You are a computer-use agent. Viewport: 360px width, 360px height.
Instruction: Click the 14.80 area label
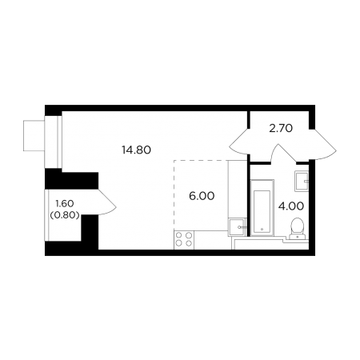(136, 150)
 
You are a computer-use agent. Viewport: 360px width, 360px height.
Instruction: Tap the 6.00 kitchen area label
(202, 196)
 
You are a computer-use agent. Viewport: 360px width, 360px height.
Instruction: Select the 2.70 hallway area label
(281, 129)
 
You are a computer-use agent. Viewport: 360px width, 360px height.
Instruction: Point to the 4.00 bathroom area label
(291, 206)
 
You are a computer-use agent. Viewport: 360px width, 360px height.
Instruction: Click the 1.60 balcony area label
(64, 204)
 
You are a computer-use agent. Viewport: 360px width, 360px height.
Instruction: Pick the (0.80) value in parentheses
(65, 215)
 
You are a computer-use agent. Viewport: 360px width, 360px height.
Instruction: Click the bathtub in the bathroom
(262, 208)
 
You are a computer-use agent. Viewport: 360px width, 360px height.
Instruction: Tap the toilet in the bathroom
(297, 228)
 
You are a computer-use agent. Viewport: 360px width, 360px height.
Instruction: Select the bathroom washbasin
(302, 182)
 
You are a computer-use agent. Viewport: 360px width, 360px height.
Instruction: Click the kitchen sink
(237, 227)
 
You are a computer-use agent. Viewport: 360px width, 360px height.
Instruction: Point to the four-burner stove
(184, 240)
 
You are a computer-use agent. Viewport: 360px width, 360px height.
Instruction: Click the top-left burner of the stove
(179, 235)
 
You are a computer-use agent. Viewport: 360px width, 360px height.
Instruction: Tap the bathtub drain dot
(262, 229)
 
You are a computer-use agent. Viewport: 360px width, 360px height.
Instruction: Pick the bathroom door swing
(283, 154)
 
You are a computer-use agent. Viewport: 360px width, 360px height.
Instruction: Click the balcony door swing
(107, 202)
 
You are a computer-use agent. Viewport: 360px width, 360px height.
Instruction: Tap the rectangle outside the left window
(34, 136)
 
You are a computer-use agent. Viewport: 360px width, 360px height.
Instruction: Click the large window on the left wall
(54, 142)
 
